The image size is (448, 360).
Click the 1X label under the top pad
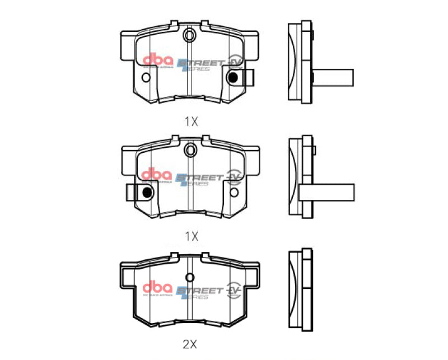click(x=192, y=121)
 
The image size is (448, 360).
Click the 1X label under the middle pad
click(x=192, y=236)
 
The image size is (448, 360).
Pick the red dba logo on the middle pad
click(x=155, y=175)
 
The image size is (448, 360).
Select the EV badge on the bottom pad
click(x=234, y=291)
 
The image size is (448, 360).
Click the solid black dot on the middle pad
click(x=147, y=193)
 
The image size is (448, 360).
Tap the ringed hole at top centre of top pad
click(x=190, y=36)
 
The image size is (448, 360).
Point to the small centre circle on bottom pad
click(x=190, y=278)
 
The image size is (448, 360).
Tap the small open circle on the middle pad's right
click(x=234, y=192)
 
